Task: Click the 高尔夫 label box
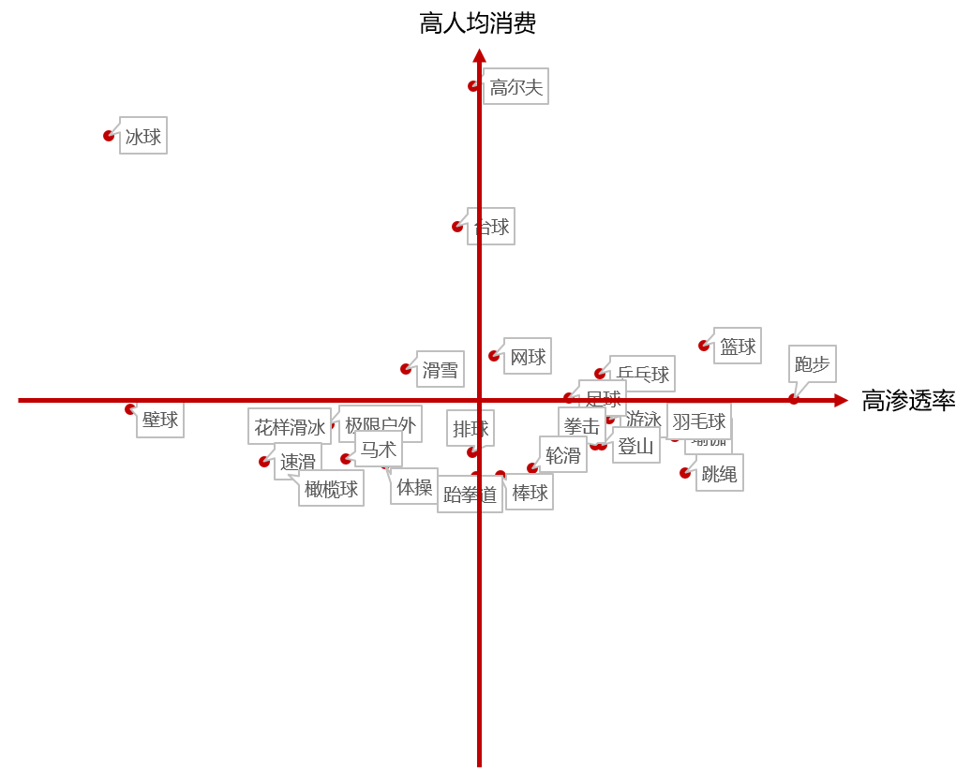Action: click(515, 87)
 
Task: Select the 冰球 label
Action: click(143, 137)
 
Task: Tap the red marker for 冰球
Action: click(109, 136)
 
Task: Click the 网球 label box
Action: click(528, 357)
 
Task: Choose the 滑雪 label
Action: click(441, 370)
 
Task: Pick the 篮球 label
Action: click(738, 347)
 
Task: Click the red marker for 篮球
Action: click(704, 346)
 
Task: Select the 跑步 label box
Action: click(812, 363)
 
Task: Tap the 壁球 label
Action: click(160, 420)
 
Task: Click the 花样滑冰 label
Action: click(290, 427)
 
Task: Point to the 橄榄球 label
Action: click(331, 489)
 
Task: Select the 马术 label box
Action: click(379, 450)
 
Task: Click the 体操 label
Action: click(414, 487)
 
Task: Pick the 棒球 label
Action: click(530, 493)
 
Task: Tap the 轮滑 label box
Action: click(563, 455)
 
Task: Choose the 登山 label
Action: click(636, 446)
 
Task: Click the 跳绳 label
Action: click(720, 474)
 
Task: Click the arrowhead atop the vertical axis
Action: click(479, 55)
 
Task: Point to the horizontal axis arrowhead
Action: click(841, 400)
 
